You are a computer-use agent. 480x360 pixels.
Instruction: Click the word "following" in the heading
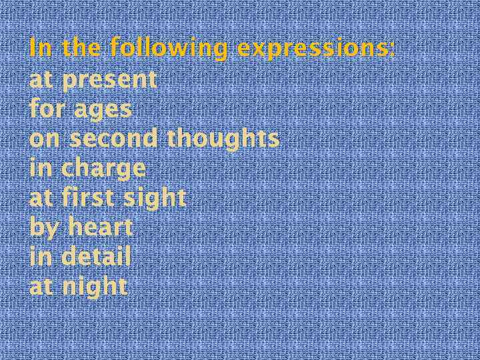coord(169,49)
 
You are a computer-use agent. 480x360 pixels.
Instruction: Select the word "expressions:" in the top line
coord(316,49)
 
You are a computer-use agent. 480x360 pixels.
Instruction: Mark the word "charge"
coord(103,169)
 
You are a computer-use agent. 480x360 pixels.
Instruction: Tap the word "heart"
coord(100,228)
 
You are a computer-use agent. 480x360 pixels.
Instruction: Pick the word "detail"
coord(96,257)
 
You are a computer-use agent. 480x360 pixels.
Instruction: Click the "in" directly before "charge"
coord(41,168)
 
